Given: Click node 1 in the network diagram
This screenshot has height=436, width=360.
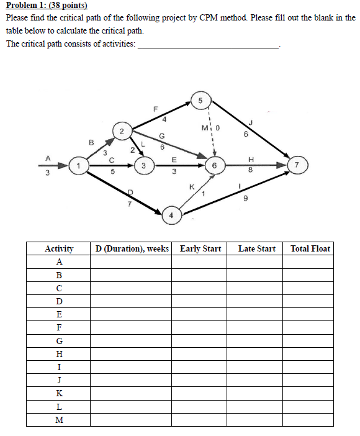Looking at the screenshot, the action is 78,166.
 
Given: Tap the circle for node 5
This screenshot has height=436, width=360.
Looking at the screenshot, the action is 200,101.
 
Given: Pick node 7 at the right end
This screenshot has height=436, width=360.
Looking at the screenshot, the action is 297,166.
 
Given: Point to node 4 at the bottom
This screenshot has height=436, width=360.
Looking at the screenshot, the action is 172,217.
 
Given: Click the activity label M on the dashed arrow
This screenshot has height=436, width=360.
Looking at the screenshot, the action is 205,128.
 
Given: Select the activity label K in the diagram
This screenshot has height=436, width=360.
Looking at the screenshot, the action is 192,186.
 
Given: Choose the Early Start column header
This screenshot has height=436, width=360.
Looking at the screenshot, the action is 200,249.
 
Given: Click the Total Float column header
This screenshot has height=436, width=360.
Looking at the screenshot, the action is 310,249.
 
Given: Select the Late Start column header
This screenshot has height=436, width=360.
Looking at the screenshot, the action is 256,249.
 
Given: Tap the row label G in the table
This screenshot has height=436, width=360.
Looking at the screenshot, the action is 60,341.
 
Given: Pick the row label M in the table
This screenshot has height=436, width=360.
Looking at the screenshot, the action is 60,419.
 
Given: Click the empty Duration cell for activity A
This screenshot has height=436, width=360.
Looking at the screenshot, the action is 131,262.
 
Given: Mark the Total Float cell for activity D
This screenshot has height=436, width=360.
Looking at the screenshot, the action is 310,301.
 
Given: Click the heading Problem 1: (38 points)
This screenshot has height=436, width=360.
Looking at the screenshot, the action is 47,6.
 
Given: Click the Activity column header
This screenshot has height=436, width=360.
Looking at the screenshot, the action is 60,249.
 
